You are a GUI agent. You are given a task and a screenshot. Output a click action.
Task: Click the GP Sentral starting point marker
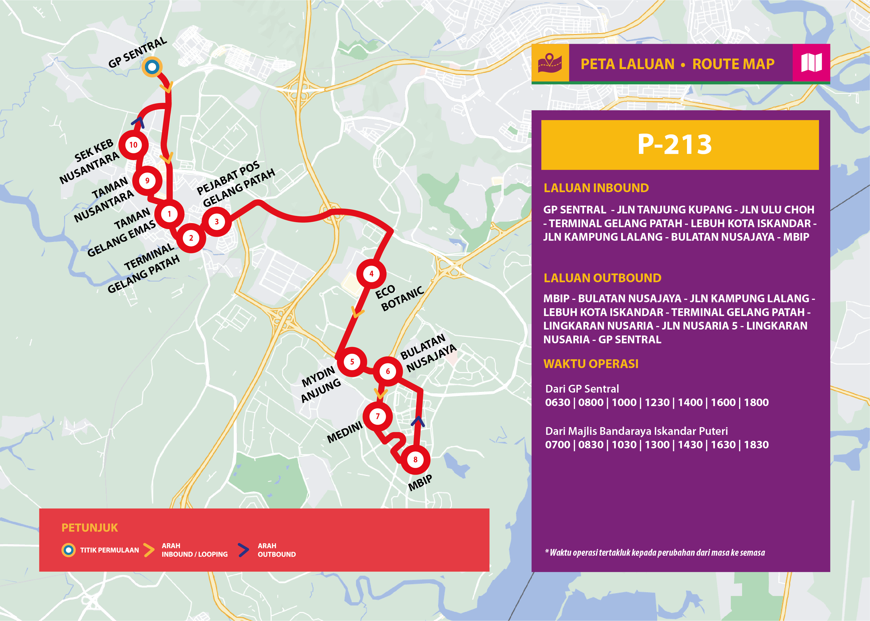tap(152, 67)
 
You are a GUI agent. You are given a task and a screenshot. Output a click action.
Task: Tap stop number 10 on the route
tap(133, 145)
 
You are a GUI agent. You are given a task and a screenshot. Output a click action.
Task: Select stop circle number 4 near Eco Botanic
tap(371, 274)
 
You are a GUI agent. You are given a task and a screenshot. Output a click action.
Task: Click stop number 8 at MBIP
tap(415, 460)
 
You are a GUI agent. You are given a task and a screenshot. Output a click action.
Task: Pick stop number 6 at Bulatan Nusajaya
tap(388, 371)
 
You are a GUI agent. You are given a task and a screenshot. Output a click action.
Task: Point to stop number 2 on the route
tap(191, 238)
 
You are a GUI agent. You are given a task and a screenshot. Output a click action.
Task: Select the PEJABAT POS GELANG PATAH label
tap(235, 184)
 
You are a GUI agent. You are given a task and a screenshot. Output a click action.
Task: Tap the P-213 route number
tap(674, 145)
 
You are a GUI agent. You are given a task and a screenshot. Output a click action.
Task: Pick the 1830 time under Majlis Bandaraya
tap(756, 445)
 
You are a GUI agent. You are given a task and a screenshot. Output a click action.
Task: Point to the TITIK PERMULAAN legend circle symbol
tap(69, 550)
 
